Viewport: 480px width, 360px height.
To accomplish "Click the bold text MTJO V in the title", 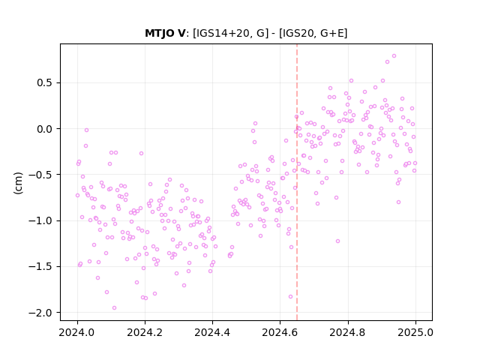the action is [165, 33].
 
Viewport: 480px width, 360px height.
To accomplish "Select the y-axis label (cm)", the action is [18, 183].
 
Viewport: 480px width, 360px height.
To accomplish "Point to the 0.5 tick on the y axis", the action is [45, 83].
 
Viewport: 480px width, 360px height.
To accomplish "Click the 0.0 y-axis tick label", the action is [45, 129].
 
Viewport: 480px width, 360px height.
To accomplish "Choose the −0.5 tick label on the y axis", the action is [40, 175].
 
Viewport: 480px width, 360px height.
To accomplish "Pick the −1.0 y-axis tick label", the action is [40, 220].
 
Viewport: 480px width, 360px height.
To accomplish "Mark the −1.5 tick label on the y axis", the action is [40, 267].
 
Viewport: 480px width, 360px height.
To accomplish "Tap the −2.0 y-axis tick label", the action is [40, 313].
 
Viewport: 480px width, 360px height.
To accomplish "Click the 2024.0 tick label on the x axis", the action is [77, 332].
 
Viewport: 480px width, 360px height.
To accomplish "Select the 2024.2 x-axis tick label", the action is [145, 332].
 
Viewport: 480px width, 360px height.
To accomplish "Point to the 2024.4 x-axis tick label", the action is [212, 332].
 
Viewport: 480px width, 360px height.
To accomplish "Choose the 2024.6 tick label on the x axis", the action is [280, 332].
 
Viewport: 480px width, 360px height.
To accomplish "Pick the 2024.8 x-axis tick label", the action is [348, 332].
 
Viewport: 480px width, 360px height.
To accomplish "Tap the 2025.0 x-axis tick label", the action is [415, 332].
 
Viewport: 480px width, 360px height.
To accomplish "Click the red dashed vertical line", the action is [297, 182].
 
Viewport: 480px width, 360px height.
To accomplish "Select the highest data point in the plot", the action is [394, 56].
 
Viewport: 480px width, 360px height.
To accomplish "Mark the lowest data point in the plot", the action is [114, 308].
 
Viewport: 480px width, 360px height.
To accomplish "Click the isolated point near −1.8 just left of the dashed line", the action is [290, 297].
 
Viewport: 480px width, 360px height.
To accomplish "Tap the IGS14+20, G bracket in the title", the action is [230, 33].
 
